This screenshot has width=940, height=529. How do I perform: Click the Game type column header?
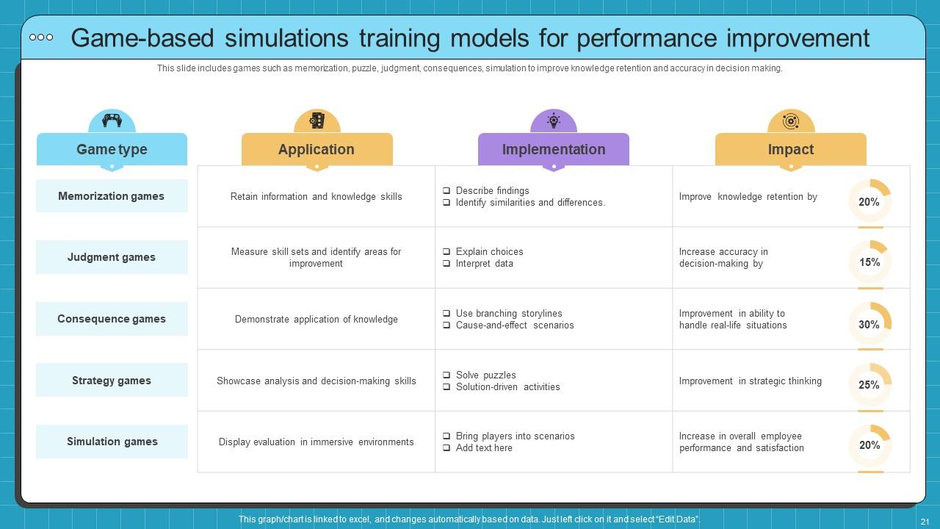click(x=112, y=149)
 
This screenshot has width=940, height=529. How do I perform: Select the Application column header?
click(x=317, y=149)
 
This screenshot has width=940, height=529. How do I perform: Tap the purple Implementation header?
click(x=553, y=149)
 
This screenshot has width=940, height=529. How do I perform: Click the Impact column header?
click(x=790, y=149)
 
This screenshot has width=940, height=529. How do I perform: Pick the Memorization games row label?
click(x=112, y=196)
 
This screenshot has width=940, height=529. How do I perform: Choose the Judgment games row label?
click(x=112, y=257)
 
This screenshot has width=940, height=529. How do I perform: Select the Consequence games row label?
click(x=112, y=319)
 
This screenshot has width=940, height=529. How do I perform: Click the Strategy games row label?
click(x=112, y=381)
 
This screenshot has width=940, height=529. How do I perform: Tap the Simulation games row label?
click(x=112, y=442)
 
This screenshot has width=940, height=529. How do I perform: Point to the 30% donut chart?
click(x=869, y=324)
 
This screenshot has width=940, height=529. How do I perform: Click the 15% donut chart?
click(x=869, y=262)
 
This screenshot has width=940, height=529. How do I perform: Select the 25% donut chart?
click(x=869, y=385)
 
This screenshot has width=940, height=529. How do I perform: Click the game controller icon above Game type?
click(x=112, y=120)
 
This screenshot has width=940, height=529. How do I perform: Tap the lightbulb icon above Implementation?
click(x=554, y=120)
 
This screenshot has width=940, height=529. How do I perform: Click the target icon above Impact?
click(x=791, y=121)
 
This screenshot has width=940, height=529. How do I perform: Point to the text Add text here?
click(x=484, y=448)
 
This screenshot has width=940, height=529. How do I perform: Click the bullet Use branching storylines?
click(x=508, y=314)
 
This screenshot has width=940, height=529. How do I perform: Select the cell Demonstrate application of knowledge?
click(x=317, y=320)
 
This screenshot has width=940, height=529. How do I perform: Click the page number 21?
click(x=925, y=521)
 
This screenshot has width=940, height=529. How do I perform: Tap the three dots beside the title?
click(x=41, y=37)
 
